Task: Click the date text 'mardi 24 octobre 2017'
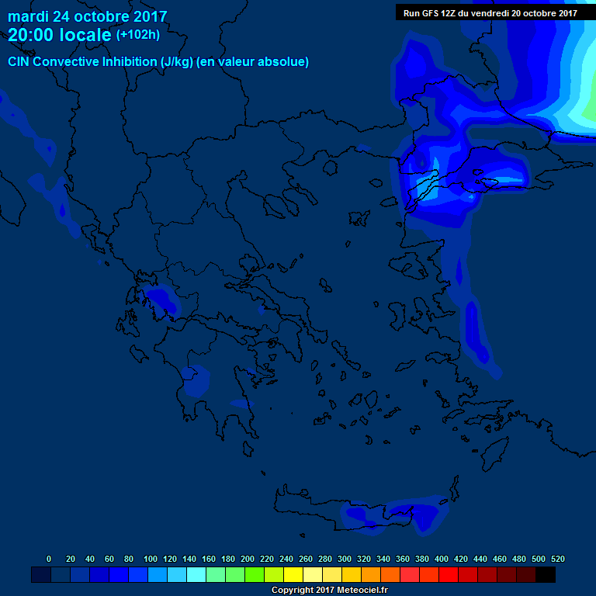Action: point(87,16)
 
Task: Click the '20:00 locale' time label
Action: point(60,35)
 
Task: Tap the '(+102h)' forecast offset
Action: point(138,35)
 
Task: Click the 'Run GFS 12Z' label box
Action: point(490,12)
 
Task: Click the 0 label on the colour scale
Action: point(49,559)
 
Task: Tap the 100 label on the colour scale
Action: point(151,559)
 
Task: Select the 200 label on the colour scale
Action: point(248,559)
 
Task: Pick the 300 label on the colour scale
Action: point(345,559)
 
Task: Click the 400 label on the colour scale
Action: point(442,559)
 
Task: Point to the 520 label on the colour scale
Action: point(558,559)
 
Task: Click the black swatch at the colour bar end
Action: point(546,574)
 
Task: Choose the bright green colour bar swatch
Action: point(255,574)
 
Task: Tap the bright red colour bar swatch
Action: point(449,574)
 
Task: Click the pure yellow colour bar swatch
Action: point(293,574)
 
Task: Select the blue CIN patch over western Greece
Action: point(161,299)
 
